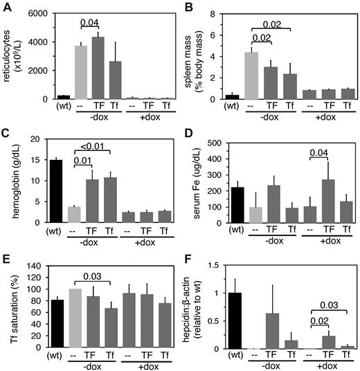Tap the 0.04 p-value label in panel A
(x=89, y=23)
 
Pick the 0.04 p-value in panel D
(x=307, y=152)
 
